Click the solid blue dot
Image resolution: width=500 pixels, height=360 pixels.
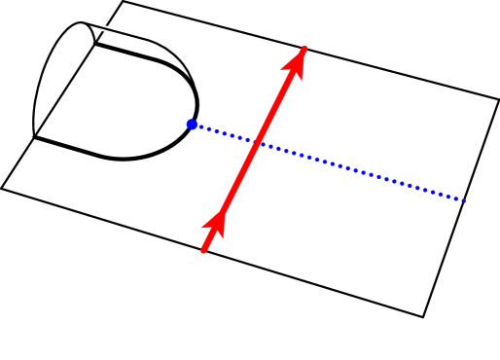[x=192, y=125]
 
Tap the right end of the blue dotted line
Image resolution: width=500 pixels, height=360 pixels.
[x=466, y=201]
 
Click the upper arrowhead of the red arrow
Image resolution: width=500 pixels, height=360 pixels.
[x=297, y=61]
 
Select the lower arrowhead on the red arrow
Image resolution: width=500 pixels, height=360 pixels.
[x=215, y=226]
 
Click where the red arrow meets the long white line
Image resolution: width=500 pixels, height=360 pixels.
[x=203, y=250]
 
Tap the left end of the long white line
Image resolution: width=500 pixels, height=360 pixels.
[x=41, y=201]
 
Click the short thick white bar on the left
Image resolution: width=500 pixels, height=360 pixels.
[x=72, y=148]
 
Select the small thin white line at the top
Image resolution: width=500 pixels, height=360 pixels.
[x=118, y=32]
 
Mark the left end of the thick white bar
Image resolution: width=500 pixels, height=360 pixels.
[x=52, y=143]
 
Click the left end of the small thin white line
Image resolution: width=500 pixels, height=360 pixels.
[x=96, y=26]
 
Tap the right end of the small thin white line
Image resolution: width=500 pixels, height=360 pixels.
[x=140, y=38]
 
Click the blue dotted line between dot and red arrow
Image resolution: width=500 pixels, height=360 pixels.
[x=224, y=133]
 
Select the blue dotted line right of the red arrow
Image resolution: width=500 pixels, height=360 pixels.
[x=360, y=171]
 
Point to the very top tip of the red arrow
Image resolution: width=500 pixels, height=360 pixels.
[x=305, y=46]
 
